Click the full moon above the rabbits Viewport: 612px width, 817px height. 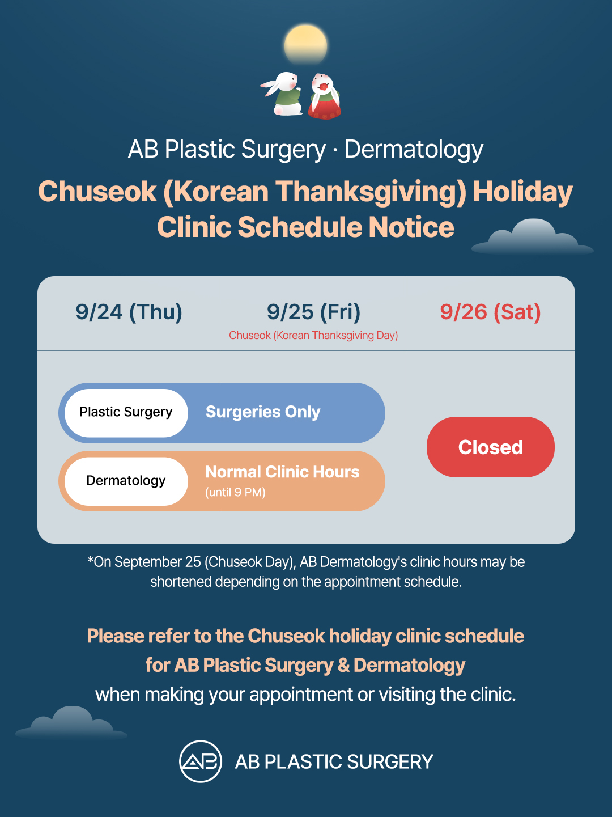coord(305,44)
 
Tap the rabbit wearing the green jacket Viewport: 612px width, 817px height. coord(283,94)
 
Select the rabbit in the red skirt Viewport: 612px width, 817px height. coord(324,96)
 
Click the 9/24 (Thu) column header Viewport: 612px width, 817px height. coord(129,312)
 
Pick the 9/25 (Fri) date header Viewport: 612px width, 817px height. coord(313,312)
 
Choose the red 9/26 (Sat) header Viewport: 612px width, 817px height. coord(490,312)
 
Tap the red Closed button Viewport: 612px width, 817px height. coord(490,447)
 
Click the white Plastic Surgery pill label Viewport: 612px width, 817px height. coord(126,413)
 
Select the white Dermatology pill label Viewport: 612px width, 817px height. coord(126,481)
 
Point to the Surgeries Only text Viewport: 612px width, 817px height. coord(263,412)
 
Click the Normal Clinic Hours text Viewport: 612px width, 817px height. coord(282,472)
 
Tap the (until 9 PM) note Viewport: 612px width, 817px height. coord(235,493)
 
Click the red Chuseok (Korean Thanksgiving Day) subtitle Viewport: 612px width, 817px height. coord(313,335)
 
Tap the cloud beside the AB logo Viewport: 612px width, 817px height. coord(71,723)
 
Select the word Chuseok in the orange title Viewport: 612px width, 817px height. coord(97,192)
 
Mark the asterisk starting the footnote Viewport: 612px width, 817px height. coord(90,560)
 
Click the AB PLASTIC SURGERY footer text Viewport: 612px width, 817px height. coord(334,762)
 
